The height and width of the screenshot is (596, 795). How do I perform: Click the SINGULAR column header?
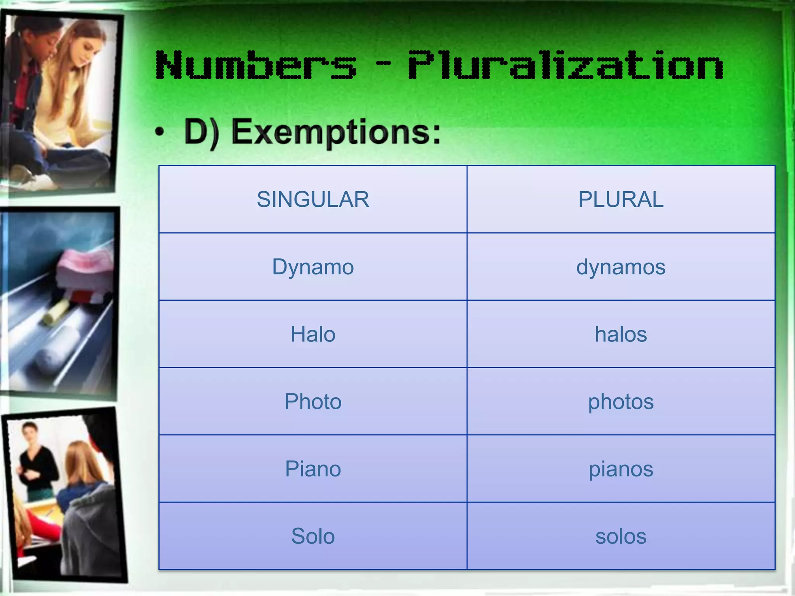coord(313,199)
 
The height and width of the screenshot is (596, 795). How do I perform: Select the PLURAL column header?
coord(621,199)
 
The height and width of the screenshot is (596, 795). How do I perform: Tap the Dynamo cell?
coord(313,267)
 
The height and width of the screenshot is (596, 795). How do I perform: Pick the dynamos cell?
coord(621,267)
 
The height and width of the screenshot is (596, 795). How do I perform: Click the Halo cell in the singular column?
coord(313,334)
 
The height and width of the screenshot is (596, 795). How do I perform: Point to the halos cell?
coord(621,334)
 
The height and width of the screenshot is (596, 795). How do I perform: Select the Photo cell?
coord(313,401)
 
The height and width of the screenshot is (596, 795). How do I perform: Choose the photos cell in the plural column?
coord(621,401)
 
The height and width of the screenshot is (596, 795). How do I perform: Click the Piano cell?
coord(313,469)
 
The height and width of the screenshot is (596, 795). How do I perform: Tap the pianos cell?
coord(621,469)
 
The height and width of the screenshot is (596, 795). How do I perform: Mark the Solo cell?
coord(313,536)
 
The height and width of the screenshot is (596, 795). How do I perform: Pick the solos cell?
coord(621,536)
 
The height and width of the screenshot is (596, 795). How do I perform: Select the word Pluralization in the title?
coord(565,65)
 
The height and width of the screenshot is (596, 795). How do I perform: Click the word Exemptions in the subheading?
coord(336,132)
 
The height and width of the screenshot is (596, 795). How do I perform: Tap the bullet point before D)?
coord(160,133)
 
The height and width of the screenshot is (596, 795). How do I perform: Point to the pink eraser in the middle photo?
coord(83,268)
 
